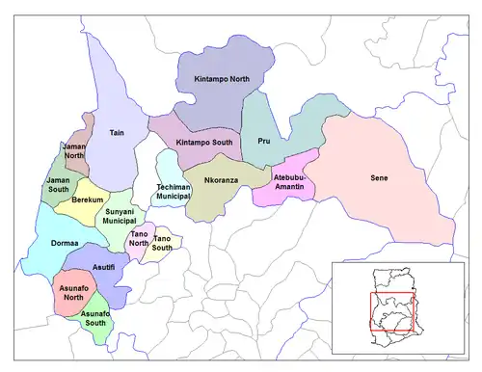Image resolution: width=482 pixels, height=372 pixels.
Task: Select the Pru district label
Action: point(264,142)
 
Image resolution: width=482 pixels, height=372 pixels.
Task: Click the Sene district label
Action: point(380,178)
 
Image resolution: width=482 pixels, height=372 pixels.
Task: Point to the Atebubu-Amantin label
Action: point(290,183)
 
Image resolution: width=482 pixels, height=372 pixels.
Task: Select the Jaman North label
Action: point(74,150)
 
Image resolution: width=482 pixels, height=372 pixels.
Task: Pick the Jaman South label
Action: point(59,184)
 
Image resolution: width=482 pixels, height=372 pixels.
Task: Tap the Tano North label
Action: point(139,237)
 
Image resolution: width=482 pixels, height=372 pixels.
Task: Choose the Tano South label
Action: point(163,242)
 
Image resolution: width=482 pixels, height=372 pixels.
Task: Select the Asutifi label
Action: point(104,267)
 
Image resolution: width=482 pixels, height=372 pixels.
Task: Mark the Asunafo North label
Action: point(67,291)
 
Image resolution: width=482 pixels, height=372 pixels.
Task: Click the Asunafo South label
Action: point(95,319)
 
